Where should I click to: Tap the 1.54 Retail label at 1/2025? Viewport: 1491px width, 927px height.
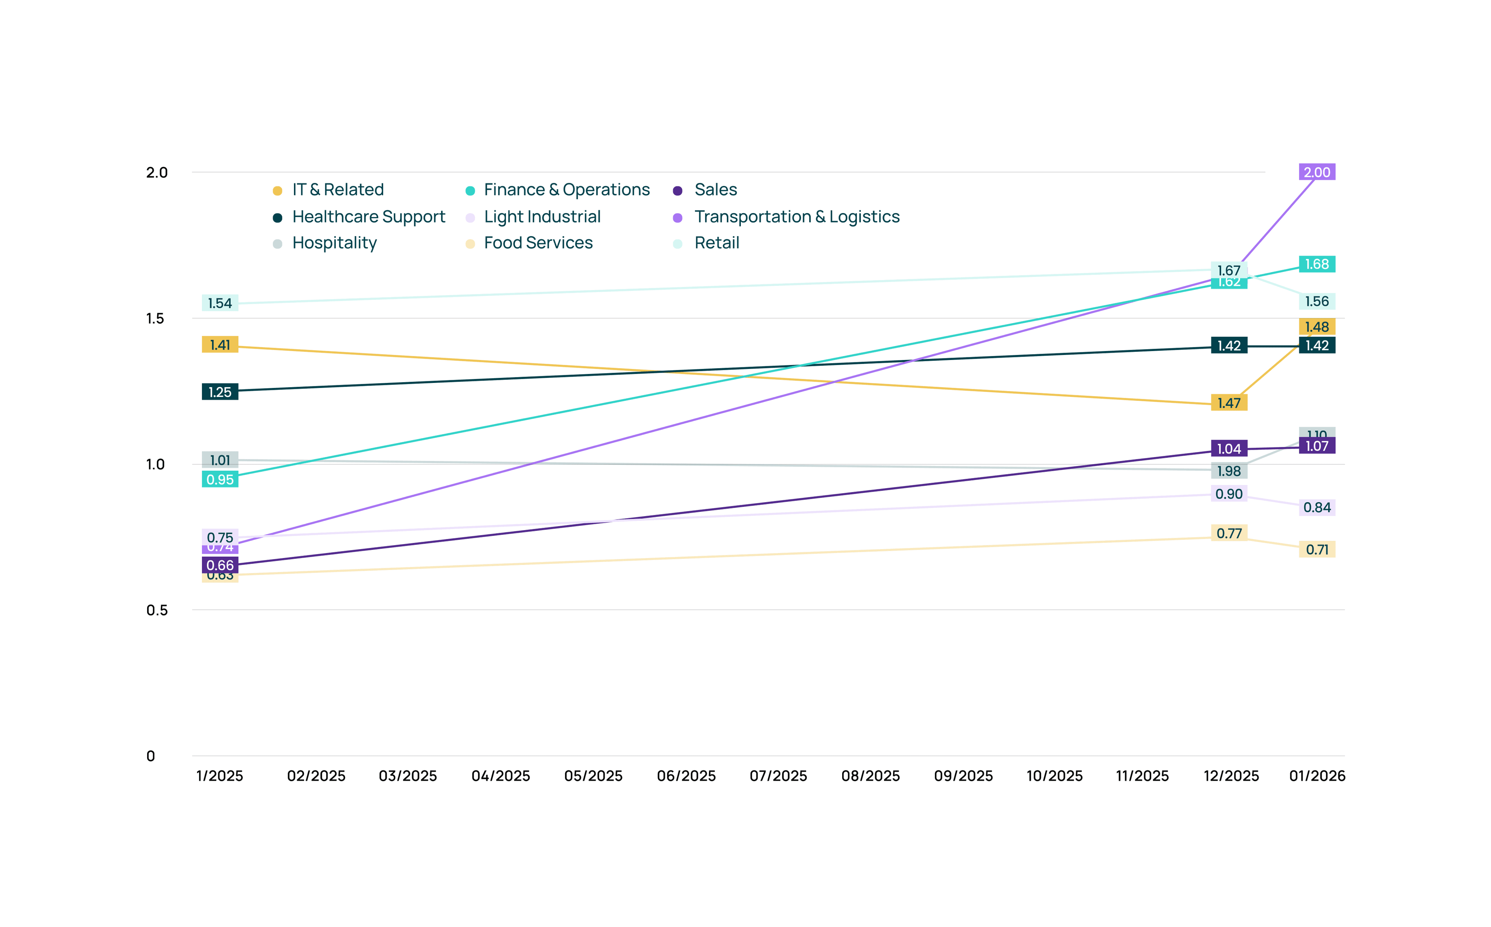[x=220, y=303]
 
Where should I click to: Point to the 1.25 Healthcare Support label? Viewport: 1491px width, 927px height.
[x=220, y=392]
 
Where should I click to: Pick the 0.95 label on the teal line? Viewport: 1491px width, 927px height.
[x=220, y=480]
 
